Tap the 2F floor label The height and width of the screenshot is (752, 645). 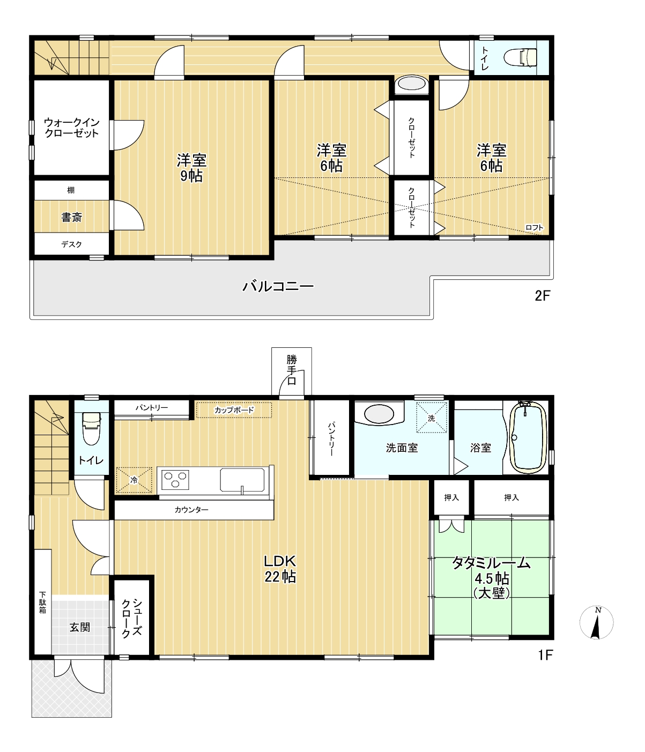click(x=542, y=296)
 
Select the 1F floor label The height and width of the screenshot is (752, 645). click(x=545, y=655)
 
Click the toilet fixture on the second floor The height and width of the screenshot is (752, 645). click(x=520, y=57)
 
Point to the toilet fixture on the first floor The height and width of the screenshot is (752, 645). click(x=91, y=429)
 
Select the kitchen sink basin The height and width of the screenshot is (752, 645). click(x=242, y=480)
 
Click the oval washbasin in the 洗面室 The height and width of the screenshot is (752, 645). click(x=379, y=414)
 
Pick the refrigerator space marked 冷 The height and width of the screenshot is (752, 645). click(x=134, y=480)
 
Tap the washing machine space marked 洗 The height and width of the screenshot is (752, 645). click(x=431, y=418)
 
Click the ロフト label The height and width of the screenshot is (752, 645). click(x=534, y=228)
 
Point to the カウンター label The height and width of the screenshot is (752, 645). click(x=191, y=510)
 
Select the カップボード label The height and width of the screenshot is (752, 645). click(x=234, y=410)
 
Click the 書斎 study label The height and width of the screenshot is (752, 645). click(x=72, y=217)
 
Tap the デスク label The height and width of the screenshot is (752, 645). click(x=71, y=244)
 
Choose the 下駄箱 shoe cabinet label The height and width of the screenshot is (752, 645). click(x=42, y=602)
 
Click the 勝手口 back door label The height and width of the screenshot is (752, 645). click(x=292, y=370)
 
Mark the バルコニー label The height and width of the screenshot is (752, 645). click(x=278, y=287)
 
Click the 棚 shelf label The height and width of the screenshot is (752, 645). click(x=71, y=190)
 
